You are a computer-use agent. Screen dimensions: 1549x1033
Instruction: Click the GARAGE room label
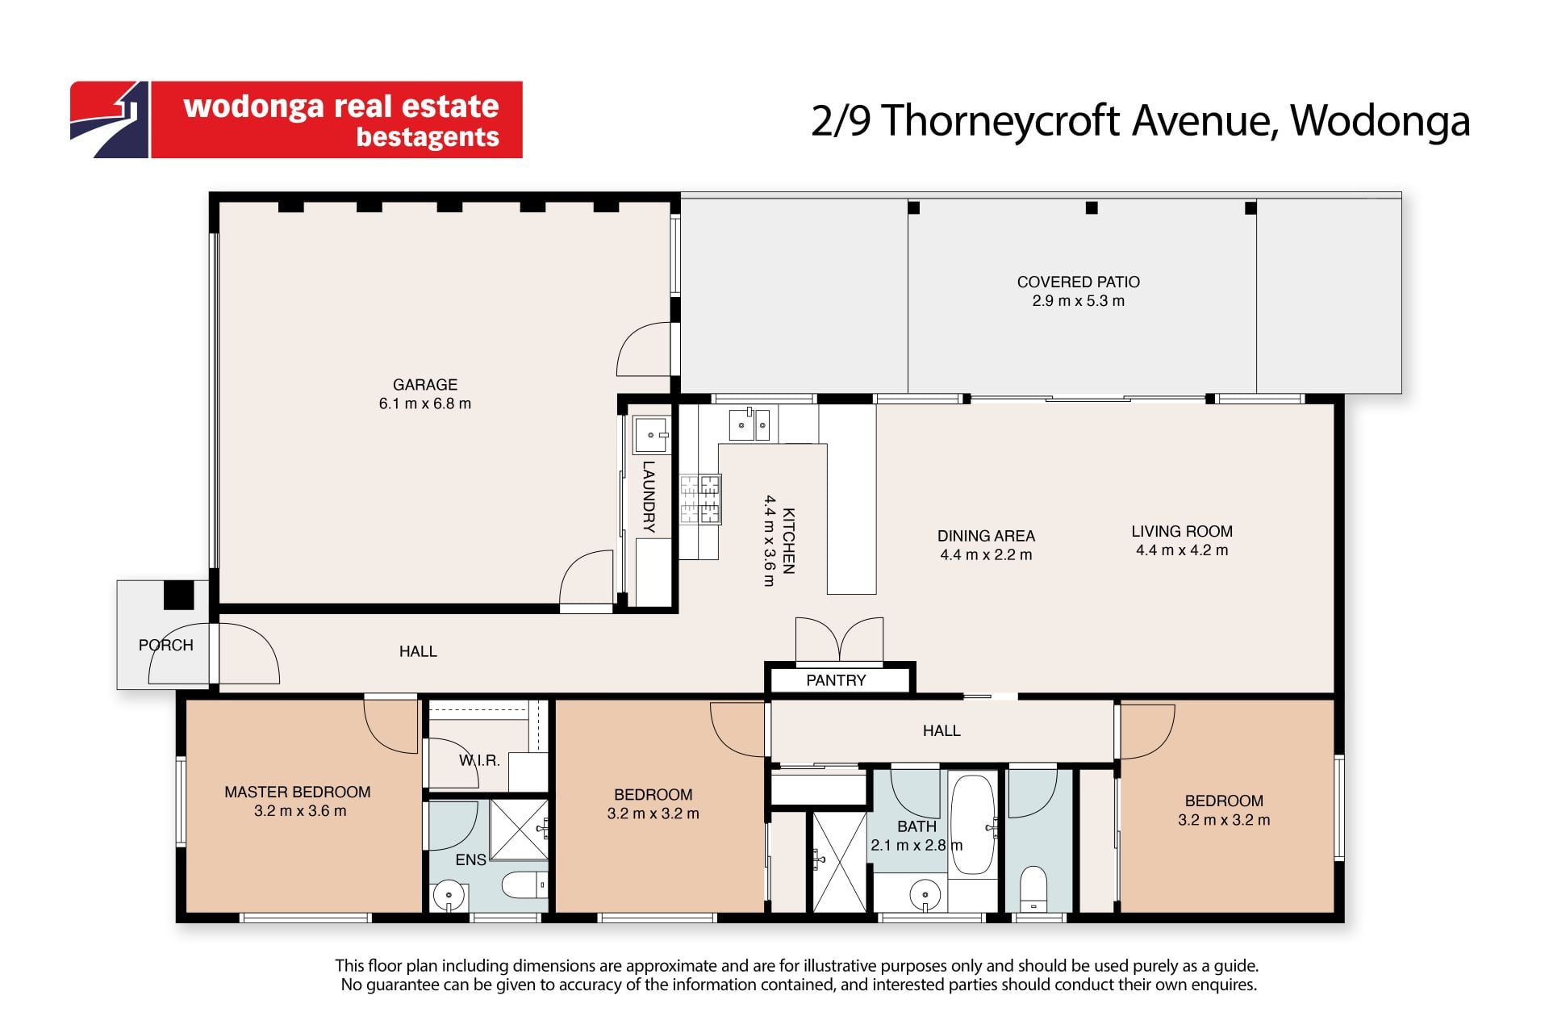[x=425, y=385]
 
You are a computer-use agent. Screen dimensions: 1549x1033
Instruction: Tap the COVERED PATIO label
[x=1078, y=282]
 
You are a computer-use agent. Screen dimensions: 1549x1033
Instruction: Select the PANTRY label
[x=836, y=680]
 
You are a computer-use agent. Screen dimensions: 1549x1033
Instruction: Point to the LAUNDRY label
[x=649, y=496]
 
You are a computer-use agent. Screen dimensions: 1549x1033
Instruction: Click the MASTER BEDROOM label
[x=298, y=792]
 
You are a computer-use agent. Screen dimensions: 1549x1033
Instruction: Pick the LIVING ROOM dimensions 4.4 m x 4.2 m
[x=1182, y=550]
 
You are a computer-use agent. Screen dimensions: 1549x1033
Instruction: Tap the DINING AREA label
[x=986, y=536]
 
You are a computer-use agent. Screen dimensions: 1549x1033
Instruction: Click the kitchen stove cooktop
[x=699, y=499]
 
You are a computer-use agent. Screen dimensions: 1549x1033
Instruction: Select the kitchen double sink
[x=749, y=424]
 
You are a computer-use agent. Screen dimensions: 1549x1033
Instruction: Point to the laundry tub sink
[x=651, y=435]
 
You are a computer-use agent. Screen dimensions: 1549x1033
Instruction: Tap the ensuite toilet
[x=524, y=885]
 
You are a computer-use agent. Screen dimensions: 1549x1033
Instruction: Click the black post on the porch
[x=179, y=595]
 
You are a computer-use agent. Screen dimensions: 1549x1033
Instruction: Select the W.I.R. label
[x=479, y=760]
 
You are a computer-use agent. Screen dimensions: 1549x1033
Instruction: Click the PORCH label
[x=166, y=645]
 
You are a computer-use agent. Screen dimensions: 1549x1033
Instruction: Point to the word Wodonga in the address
[x=1380, y=121]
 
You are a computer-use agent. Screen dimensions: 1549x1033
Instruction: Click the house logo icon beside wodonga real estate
[x=110, y=119]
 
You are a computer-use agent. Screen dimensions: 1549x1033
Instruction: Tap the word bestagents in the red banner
[x=428, y=137]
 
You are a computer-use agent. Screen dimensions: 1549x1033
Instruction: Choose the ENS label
[x=470, y=860]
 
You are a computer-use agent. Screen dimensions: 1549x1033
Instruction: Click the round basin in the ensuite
[x=449, y=895]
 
